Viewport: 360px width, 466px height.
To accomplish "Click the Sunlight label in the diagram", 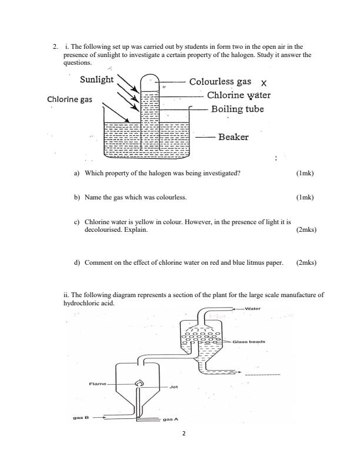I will [x=97, y=79].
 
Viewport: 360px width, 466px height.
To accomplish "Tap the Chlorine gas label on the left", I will [x=69, y=99].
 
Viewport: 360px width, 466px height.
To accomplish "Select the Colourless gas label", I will [x=220, y=82].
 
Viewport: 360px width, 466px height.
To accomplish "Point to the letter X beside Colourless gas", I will [x=264, y=84].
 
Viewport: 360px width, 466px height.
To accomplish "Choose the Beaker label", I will [x=233, y=137].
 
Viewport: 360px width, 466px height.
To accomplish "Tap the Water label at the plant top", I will [x=253, y=308].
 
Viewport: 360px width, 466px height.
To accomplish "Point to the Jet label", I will [x=173, y=387].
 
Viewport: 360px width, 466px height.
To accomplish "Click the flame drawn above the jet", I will [x=139, y=384].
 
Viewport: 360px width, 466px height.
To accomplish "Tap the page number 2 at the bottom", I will [x=184, y=450].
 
